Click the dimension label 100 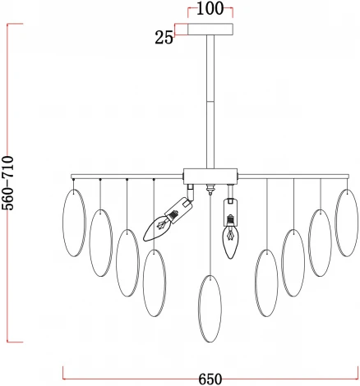pyautogui.click(x=210, y=8)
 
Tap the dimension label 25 pyautogui.click(x=164, y=38)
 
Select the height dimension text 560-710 pyautogui.click(x=7, y=183)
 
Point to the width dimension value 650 pyautogui.click(x=210, y=379)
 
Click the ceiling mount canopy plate pyautogui.click(x=210, y=30)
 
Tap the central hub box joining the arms pyautogui.click(x=210, y=177)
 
